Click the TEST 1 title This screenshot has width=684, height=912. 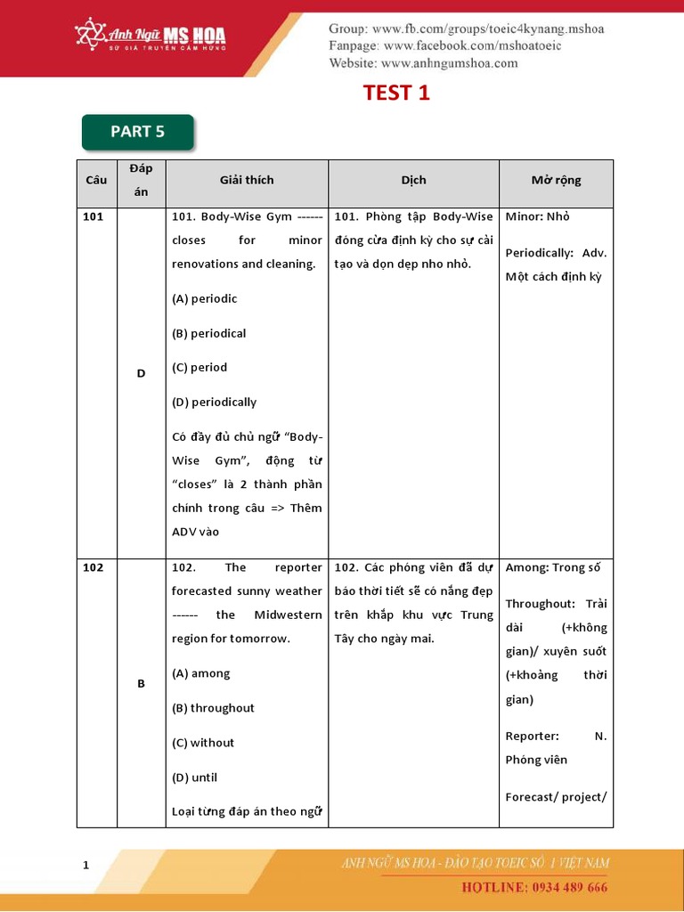396,93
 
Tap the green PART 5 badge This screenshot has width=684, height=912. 137,132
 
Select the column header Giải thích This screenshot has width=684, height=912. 247,180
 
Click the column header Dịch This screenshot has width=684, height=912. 413,180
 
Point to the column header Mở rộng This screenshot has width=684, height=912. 556,180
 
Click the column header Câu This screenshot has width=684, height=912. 96,180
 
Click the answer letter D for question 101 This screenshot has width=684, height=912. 141,373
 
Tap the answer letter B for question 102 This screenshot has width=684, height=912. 141,684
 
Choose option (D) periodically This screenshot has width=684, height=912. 214,403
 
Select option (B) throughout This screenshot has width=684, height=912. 213,708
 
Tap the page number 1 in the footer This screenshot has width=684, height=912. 85,865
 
